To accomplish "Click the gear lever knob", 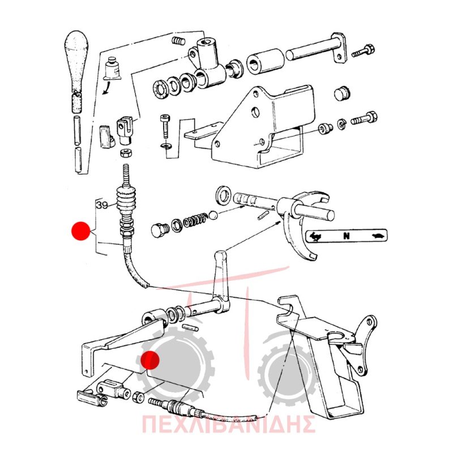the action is (76, 61).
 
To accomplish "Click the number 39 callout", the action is (102, 205).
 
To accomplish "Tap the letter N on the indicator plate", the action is (346, 236).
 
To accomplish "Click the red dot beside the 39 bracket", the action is (80, 231).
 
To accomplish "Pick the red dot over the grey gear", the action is (150, 360).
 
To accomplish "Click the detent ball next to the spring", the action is (213, 215).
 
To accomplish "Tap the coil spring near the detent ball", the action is (195, 220).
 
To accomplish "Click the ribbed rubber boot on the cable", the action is (126, 199).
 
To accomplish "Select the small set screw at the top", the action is (178, 41).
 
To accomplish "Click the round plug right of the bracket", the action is (342, 93).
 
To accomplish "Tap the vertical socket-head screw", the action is (164, 126).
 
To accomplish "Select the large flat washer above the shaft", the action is (223, 195).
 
